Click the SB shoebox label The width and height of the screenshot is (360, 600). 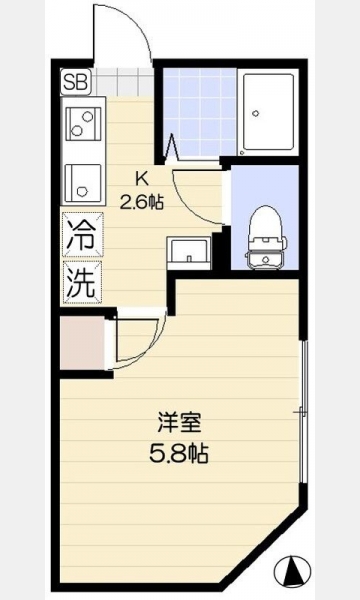pyautogui.click(x=75, y=82)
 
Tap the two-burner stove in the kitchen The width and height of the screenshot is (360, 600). pyautogui.click(x=83, y=124)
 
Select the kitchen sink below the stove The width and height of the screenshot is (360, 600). pyautogui.click(x=83, y=183)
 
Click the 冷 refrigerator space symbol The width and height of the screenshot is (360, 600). pyautogui.click(x=83, y=235)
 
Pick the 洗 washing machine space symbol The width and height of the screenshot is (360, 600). pyautogui.click(x=83, y=282)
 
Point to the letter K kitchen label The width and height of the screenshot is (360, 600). pyautogui.click(x=142, y=178)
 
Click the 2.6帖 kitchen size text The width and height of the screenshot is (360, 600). pyautogui.click(x=142, y=201)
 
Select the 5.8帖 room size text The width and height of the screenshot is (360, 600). pyautogui.click(x=179, y=454)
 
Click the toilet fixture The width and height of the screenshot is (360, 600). pyautogui.click(x=267, y=238)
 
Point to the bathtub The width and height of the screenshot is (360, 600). pyautogui.click(x=268, y=112)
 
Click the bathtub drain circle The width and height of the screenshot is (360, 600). pyautogui.click(x=256, y=113)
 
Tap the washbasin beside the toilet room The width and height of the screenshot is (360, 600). pyautogui.click(x=189, y=253)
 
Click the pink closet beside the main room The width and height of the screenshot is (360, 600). pyautogui.click(x=82, y=343)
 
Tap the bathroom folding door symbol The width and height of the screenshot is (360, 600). pyautogui.click(x=172, y=147)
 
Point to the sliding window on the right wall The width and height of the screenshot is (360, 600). pyautogui.click(x=303, y=412)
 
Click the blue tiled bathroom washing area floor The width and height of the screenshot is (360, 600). pyautogui.click(x=200, y=112)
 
